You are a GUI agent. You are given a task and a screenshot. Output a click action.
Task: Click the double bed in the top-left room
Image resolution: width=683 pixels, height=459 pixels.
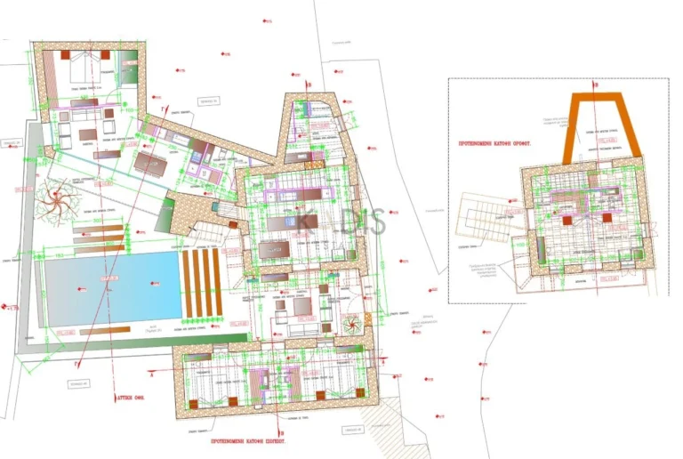pyautogui.click(x=85, y=66)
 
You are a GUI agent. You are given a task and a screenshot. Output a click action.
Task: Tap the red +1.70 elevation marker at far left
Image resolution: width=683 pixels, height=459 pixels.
pyautogui.click(x=10, y=308)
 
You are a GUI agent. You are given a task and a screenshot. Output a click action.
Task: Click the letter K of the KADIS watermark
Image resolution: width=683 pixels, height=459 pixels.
pyautogui.click(x=306, y=221)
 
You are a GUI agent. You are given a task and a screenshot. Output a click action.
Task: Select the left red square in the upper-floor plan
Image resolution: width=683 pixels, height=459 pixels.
pyautogui.click(x=565, y=216)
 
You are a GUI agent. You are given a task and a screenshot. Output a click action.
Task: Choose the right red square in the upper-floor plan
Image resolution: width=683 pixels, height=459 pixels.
pyautogui.click(x=607, y=216)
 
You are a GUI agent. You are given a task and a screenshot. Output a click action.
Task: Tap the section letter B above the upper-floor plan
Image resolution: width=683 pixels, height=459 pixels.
pyautogui.click(x=597, y=85)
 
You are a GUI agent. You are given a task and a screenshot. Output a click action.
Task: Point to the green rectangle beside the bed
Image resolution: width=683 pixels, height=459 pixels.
pyautogui.click(x=130, y=68)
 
